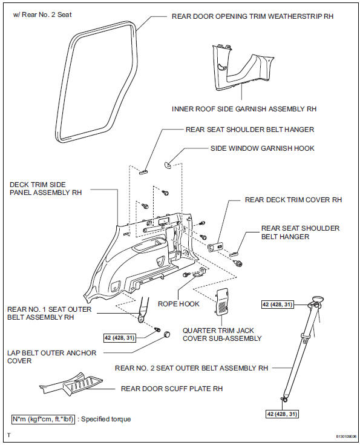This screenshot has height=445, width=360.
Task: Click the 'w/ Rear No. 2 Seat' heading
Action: pyautogui.click(x=42, y=14)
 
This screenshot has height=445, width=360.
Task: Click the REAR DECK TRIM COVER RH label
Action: pyautogui.click(x=293, y=199)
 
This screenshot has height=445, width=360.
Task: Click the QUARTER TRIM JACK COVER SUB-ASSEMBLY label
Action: pyautogui.click(x=222, y=334)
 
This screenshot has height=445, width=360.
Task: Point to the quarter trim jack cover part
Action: pyautogui.click(x=224, y=300)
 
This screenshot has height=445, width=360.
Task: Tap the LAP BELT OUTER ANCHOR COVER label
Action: pyautogui.click(x=51, y=357)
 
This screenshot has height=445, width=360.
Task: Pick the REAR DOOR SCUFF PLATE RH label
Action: pyautogui.click(x=166, y=389)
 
